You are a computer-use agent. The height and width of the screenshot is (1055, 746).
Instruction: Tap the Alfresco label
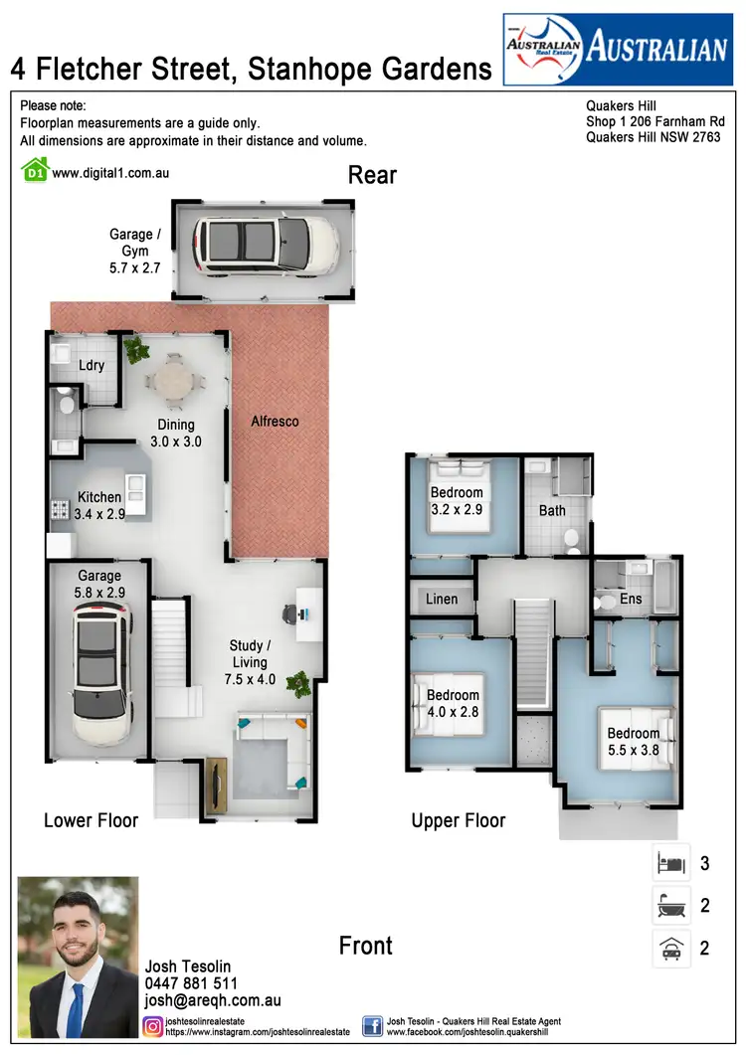tap(275, 422)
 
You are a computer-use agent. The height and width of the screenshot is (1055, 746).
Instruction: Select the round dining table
tap(175, 380)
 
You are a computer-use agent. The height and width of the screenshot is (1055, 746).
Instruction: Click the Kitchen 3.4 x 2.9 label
tap(99, 505)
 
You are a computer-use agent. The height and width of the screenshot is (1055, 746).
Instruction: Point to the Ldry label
tap(92, 365)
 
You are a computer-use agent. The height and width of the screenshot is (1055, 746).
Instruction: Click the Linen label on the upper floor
tap(442, 599)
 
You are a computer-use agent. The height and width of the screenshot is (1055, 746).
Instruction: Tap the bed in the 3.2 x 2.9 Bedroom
tap(459, 497)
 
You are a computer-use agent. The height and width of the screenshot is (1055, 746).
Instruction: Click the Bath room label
tap(552, 511)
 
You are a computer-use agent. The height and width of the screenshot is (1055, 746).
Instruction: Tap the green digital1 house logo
tap(35, 171)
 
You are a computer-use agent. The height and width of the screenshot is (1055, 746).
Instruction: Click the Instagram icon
tap(154, 1026)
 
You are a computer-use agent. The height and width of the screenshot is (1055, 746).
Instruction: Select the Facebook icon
tap(373, 1026)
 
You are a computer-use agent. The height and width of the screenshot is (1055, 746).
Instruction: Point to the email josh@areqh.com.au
tap(213, 1001)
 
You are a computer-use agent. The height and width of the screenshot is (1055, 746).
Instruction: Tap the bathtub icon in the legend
tap(670, 906)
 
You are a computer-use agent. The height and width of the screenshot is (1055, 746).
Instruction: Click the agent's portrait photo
tap(79, 957)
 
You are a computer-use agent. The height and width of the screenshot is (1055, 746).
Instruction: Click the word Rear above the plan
tap(372, 176)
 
